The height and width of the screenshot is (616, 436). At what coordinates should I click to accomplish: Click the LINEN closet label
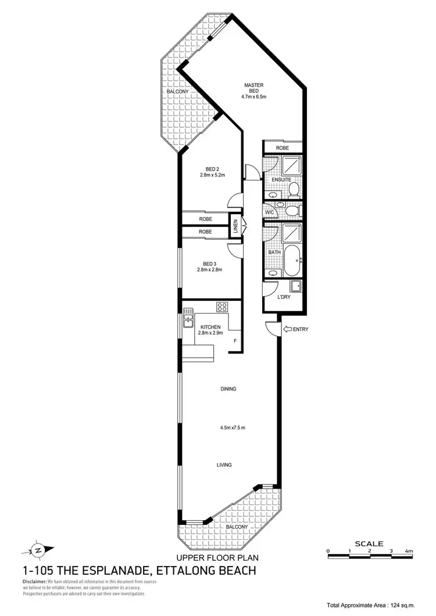click(236, 226)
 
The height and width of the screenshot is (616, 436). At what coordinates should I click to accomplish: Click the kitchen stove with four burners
click(223, 306)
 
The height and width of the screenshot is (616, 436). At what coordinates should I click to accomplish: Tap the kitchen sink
click(188, 317)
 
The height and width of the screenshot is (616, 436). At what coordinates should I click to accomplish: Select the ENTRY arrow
click(288, 329)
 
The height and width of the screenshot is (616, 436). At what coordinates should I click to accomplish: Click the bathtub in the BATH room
click(291, 261)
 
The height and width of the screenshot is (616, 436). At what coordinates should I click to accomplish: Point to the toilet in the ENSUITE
click(294, 188)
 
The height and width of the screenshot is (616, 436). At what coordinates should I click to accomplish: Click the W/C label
click(269, 213)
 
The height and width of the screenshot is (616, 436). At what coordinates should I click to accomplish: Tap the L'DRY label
click(284, 297)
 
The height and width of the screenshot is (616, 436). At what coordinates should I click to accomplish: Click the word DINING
click(228, 389)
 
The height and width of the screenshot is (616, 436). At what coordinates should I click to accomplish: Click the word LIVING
click(224, 465)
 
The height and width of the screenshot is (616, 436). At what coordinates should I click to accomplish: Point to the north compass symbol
click(40, 549)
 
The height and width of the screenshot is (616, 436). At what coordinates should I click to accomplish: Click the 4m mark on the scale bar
click(409, 551)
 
